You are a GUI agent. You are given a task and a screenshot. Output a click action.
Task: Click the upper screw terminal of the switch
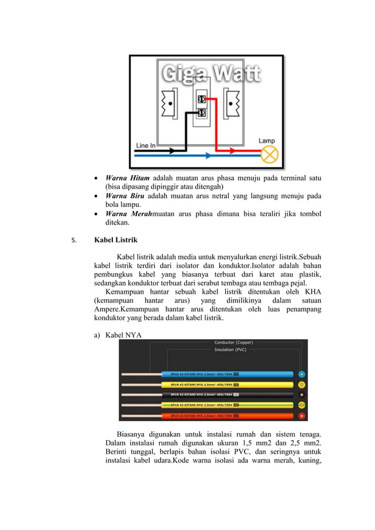coord(201,99)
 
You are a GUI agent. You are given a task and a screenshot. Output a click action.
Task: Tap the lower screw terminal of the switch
coord(201,112)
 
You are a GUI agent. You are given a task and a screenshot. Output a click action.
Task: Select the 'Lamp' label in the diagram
coord(267,141)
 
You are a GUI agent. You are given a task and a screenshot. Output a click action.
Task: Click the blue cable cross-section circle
coord(302,374)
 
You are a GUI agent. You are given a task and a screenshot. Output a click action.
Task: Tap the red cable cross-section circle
coord(302,415)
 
